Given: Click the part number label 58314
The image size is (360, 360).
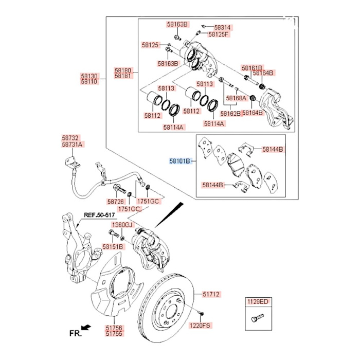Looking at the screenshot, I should [223, 27].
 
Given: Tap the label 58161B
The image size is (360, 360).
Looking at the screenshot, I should [252, 68].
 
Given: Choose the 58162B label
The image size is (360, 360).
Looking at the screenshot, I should [230, 113].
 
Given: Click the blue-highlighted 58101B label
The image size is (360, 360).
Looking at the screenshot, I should [181, 161].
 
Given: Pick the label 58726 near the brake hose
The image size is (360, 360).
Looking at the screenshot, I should [115, 202].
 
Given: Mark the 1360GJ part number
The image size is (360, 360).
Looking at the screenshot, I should [122, 226].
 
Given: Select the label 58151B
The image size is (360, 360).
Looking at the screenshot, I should [113, 246].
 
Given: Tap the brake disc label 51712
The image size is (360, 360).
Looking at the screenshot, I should [211, 294].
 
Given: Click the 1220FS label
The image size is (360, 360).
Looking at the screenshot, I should [201, 326].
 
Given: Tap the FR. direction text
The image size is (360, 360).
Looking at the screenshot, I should [76, 333].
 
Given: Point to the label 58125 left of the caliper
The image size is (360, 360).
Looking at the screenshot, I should [151, 45].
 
